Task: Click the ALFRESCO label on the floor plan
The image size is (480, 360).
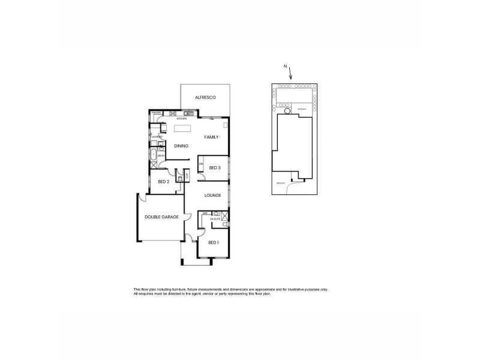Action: (205, 97)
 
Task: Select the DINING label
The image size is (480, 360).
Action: (181, 146)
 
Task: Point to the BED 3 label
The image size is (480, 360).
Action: (214, 167)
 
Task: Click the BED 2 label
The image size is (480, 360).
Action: (163, 181)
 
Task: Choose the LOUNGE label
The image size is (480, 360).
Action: (212, 195)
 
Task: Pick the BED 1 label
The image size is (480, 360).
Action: (213, 242)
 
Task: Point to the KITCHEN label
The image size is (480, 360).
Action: (182, 119)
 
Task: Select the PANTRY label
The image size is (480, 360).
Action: (156, 113)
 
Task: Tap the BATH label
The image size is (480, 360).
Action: (161, 156)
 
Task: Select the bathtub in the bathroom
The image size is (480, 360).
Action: (154, 150)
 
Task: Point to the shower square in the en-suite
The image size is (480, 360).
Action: (224, 215)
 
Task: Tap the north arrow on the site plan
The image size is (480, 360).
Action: (290, 74)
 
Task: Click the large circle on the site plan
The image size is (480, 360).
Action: (287, 110)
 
